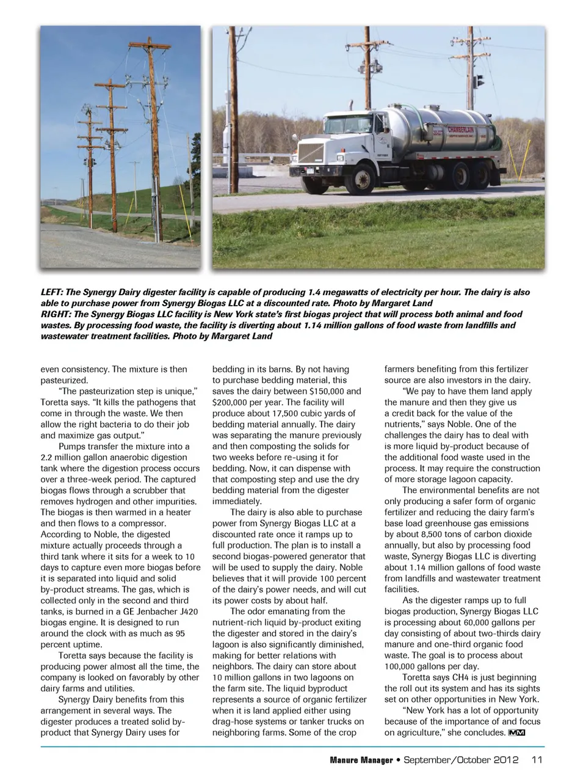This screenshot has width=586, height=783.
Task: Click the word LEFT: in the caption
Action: pos(53,292)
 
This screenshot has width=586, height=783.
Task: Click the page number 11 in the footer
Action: pos(537,760)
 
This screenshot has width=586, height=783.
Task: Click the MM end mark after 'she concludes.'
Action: pos(516,733)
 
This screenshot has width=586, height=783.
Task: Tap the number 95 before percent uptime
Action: pos(179,633)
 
